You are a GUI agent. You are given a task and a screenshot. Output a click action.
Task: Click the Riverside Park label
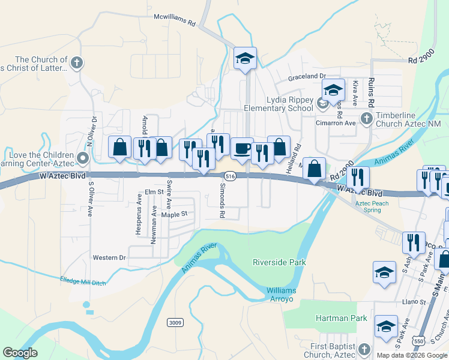pos(279,262)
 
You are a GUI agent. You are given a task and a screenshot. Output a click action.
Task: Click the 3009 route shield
pos(175,323)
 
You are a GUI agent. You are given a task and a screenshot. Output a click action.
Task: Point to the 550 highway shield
pos(418,341)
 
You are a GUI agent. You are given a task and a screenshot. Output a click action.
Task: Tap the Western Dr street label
pos(109,257)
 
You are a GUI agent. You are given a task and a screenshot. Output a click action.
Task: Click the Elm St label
pos(154,192)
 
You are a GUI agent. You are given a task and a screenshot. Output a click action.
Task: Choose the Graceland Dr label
pos(306,77)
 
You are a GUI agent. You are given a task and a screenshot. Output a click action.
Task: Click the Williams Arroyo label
pos(281,295)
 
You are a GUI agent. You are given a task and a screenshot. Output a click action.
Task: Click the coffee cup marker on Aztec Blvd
pos(242,148)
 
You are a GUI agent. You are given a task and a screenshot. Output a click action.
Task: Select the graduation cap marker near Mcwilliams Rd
pos(245,58)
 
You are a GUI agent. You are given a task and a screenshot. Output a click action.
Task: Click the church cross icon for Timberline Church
pos(366,118)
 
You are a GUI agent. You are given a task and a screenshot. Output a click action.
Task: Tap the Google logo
pos(20,353)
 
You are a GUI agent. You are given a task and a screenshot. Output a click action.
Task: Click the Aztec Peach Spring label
pos(372,207)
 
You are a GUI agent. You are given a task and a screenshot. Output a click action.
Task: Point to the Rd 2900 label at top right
pos(421,60)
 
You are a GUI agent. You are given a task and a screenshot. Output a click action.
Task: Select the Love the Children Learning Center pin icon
pos(83,158)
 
